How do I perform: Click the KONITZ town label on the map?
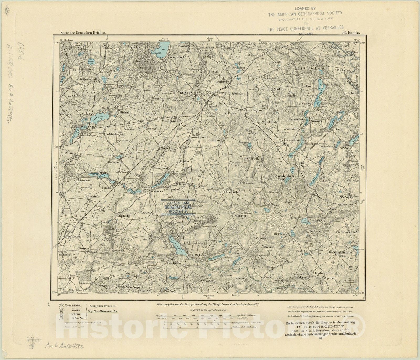[186, 93]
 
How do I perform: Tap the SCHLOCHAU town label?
[89, 127]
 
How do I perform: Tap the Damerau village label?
[239, 215]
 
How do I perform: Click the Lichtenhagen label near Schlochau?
[114, 134]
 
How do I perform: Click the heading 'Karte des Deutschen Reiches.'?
[79, 33]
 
